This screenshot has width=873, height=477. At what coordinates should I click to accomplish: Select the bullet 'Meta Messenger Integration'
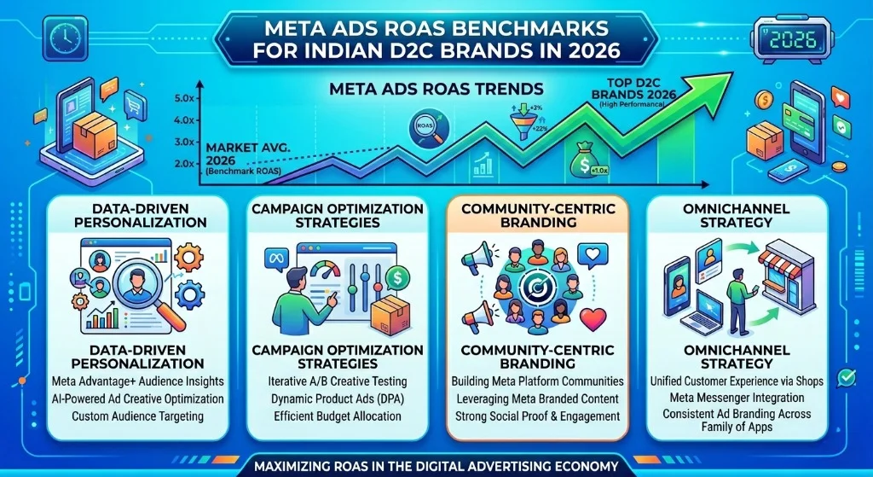pos(738,398)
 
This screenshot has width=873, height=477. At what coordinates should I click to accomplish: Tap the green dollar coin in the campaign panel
pos(394,278)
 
